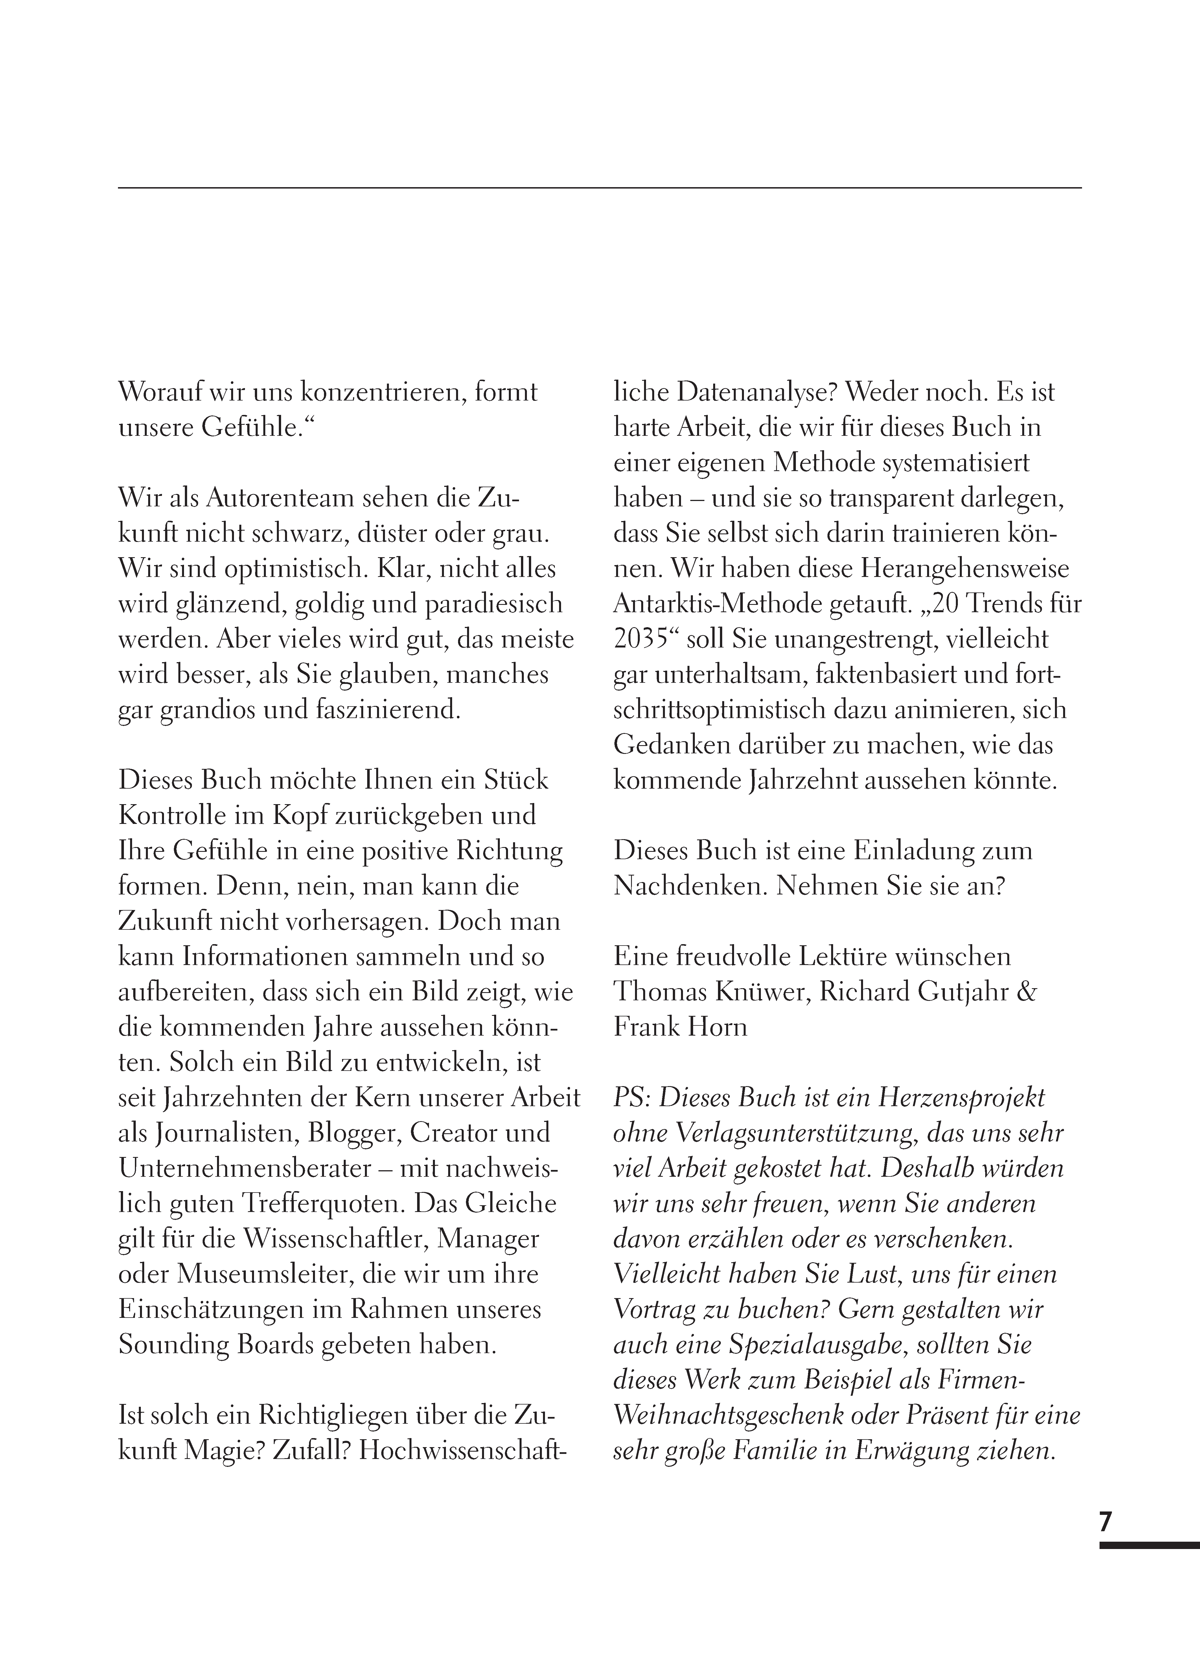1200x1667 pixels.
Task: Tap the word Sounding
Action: pyautogui.click(x=173, y=1345)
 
